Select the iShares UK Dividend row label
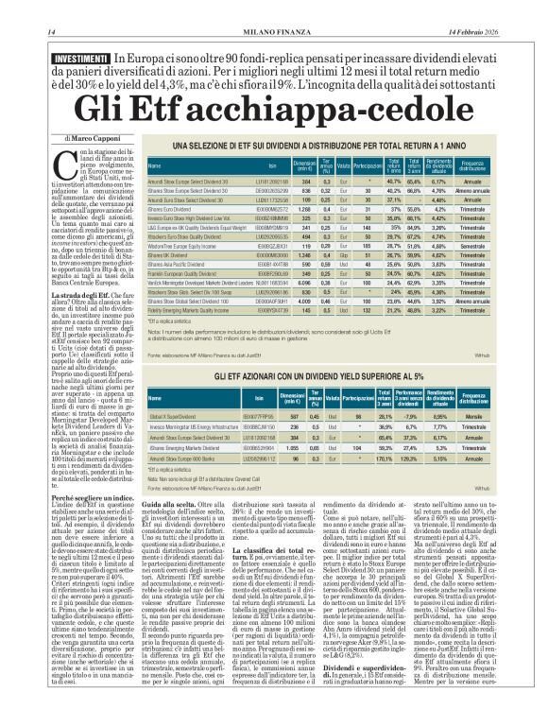(173, 254)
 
